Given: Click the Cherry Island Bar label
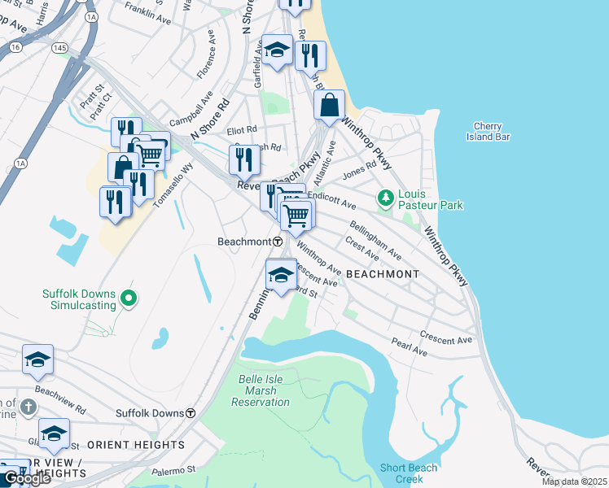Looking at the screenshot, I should pos(492,132).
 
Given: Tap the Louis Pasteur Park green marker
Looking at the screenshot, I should pos(385,198).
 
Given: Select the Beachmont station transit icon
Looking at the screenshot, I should pos(277,242).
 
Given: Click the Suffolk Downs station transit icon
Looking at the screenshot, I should pos(191,413).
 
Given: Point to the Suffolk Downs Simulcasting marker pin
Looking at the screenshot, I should pos(128,299).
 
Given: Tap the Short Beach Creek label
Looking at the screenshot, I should pos(409,473).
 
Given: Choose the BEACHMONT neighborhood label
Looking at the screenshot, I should pos(383,274).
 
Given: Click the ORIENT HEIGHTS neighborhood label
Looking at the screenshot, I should pos(135,445).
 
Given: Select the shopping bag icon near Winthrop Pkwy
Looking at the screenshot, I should pos(330,106).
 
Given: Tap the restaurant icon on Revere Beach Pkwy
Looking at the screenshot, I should pos(243,159).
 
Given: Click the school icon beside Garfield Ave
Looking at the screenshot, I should pos(277,51).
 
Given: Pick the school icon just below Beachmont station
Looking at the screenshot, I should pos(281,276).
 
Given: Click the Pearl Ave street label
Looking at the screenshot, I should pos(410,351).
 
